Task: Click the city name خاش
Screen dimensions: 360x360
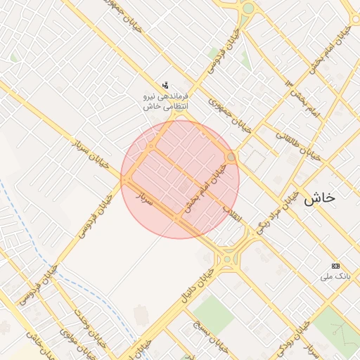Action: [x=320, y=198]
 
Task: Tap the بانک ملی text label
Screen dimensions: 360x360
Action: [x=335, y=276]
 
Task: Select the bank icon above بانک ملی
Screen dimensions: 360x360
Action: [x=335, y=266]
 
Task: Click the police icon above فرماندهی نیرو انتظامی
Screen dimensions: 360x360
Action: [x=165, y=85]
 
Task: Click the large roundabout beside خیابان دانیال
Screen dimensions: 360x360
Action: [x=228, y=260]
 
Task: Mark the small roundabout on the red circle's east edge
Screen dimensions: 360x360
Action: [x=231, y=157]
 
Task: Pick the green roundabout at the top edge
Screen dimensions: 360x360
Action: [x=247, y=8]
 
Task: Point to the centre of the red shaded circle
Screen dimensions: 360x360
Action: [x=180, y=179]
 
